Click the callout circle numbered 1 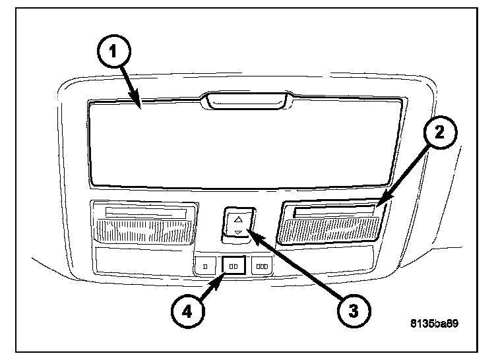(114, 51)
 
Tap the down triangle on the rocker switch (237, 232)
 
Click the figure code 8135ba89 (433, 324)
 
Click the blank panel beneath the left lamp (142, 258)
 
